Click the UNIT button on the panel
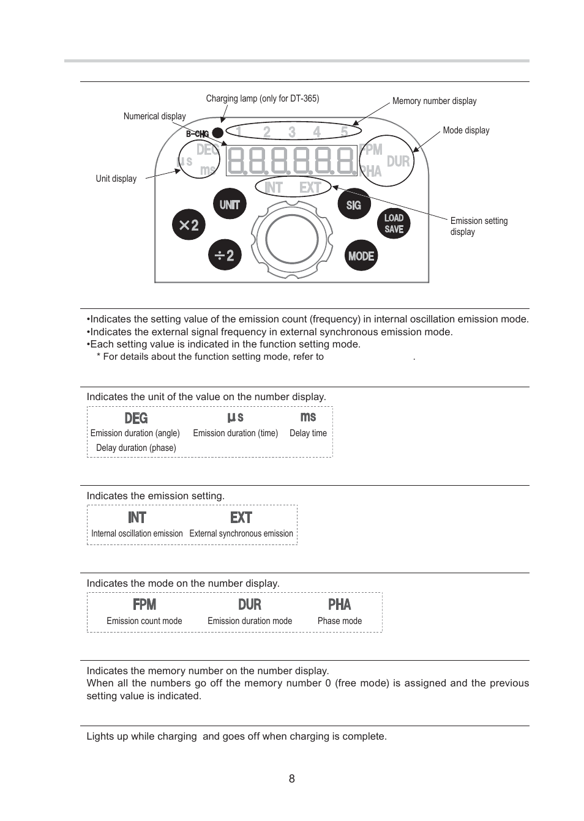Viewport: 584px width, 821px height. pyautogui.click(x=230, y=204)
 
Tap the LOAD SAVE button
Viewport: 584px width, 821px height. pyautogui.click(x=394, y=223)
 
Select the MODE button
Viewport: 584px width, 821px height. pyautogui.click(x=361, y=256)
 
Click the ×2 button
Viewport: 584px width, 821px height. pyautogui.click(x=189, y=225)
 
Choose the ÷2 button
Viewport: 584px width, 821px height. pyautogui.click(x=225, y=255)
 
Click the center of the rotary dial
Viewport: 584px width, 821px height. pyautogui.click(x=292, y=239)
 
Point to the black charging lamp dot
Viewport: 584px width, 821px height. pyautogui.click(x=217, y=133)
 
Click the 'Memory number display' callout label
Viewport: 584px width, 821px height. pyautogui.click(x=434, y=101)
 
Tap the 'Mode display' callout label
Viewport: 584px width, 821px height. pyautogui.click(x=466, y=130)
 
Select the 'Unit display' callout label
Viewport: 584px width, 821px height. pyautogui.click(x=116, y=179)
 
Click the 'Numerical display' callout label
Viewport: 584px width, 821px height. pyautogui.click(x=154, y=116)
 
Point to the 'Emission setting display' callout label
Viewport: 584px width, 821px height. pyautogui.click(x=478, y=226)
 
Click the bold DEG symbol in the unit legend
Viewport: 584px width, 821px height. pyautogui.click(x=136, y=418)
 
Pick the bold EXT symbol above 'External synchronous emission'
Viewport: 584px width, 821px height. pyautogui.click(x=241, y=518)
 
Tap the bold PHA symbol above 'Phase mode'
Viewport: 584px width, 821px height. pyautogui.click(x=340, y=604)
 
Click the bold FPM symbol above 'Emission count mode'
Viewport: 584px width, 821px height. pyautogui.click(x=144, y=604)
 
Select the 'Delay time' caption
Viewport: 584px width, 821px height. pyautogui.click(x=308, y=433)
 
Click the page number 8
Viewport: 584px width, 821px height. pyautogui.click(x=292, y=778)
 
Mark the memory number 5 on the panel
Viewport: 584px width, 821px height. pyautogui.click(x=344, y=132)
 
